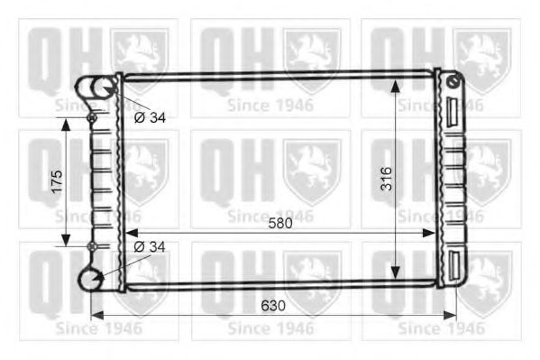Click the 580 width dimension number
(280, 223)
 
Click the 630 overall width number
(273, 306)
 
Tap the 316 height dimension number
(387, 179)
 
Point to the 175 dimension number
(57, 181)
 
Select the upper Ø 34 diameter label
(150, 118)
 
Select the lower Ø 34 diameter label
(150, 247)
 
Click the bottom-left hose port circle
(90, 280)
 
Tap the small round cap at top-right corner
(453, 81)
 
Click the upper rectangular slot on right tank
(453, 112)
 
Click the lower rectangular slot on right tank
(454, 265)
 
